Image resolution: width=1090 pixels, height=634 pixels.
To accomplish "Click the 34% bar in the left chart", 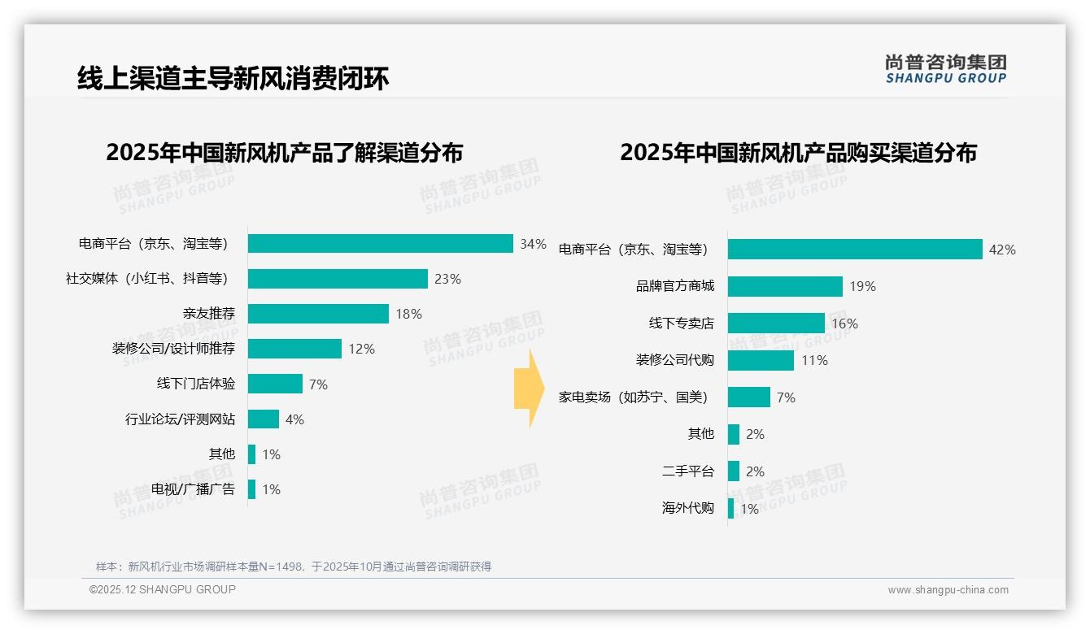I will (380, 244).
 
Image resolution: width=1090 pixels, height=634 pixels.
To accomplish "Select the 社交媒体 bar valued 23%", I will (338, 279).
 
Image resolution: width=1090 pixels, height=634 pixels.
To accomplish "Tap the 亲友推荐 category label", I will (209, 314).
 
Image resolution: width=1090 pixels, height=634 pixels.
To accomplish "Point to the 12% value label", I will (361, 349).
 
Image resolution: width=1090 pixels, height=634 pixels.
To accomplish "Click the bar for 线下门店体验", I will (275, 384).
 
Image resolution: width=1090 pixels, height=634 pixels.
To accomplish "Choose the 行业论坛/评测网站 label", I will (180, 419).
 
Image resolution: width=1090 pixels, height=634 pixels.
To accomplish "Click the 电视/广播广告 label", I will (193, 489).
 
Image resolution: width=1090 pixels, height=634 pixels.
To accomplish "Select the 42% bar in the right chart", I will (855, 250).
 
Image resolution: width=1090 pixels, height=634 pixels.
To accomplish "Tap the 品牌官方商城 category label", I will (675, 286).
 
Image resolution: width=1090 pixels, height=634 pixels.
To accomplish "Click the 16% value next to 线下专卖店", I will (844, 324).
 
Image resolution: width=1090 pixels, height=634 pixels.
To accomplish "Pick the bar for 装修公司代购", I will (761, 360).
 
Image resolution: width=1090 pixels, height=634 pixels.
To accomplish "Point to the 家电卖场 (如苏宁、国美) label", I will (633, 397).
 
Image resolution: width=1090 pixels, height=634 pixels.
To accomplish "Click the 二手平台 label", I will (688, 471).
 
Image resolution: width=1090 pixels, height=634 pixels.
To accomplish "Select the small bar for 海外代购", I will (730, 509).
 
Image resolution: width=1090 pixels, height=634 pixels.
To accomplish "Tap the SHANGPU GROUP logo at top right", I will (945, 69).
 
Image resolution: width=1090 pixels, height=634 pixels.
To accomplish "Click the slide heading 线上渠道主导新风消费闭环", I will (233, 78).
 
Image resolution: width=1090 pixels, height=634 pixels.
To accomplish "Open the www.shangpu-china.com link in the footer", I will (948, 590).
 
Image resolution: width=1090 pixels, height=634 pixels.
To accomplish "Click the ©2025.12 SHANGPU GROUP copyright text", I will (163, 589).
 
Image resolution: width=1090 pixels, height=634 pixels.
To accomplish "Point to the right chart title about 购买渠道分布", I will (798, 153).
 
